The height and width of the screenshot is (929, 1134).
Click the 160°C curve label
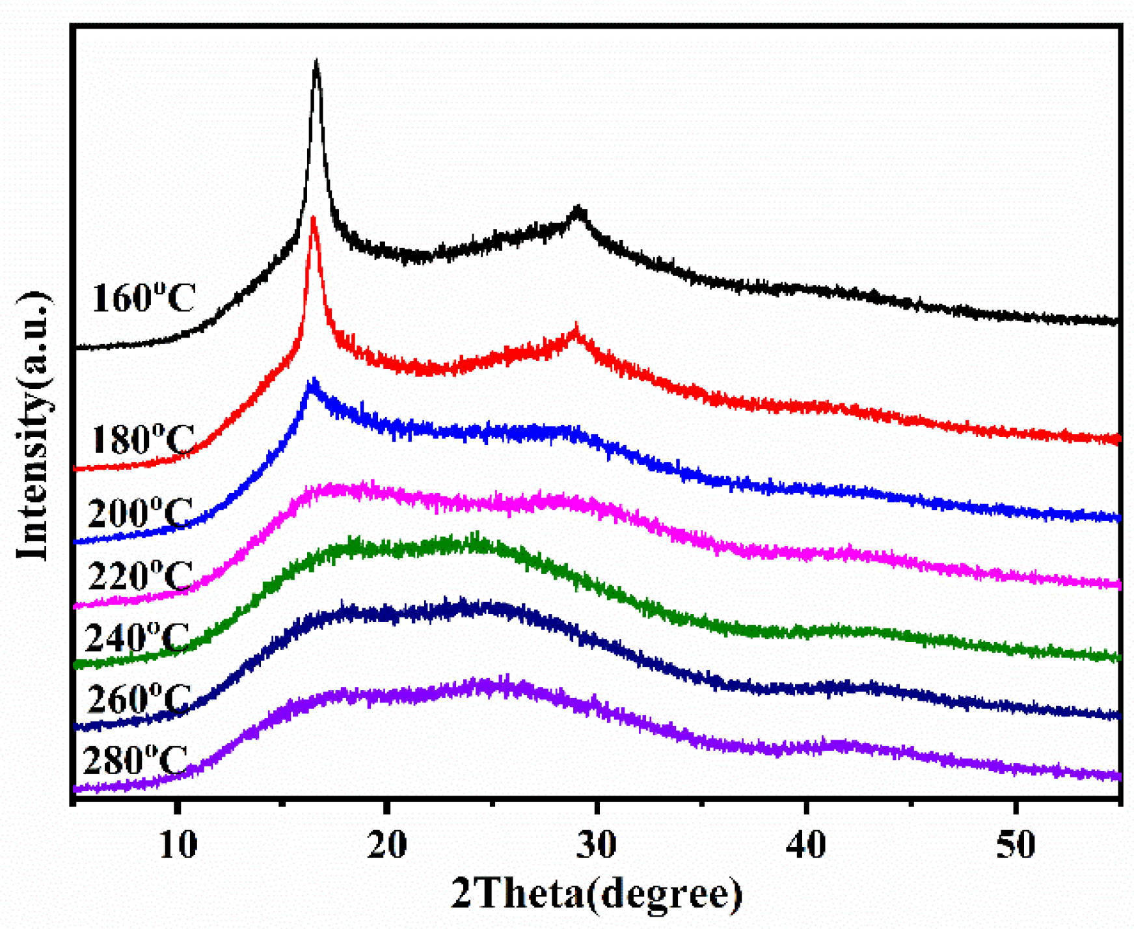(x=143, y=299)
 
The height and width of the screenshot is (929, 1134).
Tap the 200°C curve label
(x=140, y=513)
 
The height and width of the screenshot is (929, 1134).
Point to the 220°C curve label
(x=140, y=575)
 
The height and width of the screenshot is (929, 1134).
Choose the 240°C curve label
(x=137, y=638)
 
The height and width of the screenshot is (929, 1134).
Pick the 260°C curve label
(x=139, y=699)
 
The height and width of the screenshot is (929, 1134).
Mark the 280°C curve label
(x=136, y=760)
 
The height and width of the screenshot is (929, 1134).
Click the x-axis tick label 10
(x=177, y=845)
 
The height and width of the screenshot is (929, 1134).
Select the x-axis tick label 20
(x=387, y=845)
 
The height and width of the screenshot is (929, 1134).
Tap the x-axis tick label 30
(x=597, y=845)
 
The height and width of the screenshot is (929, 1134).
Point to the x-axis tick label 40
(x=807, y=845)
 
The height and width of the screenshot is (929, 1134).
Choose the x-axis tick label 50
(x=1016, y=845)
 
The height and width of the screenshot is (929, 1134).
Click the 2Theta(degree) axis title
(x=597, y=894)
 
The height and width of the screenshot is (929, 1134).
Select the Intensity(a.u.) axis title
(x=34, y=426)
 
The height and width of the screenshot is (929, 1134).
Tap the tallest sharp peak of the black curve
(x=316, y=64)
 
